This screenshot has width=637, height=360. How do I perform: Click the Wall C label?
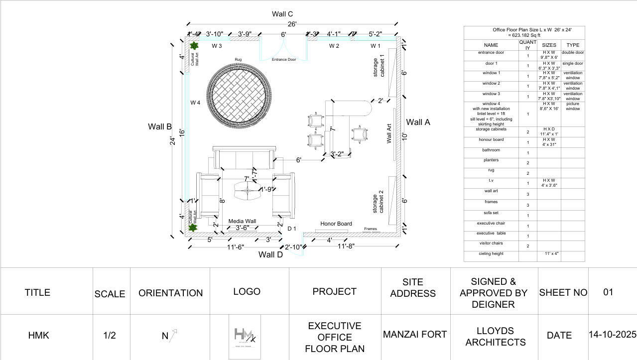[x=282, y=14]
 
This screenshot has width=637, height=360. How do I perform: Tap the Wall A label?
[x=418, y=122]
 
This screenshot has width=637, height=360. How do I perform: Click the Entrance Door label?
[x=284, y=60]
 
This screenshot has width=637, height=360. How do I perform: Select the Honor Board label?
[x=336, y=224]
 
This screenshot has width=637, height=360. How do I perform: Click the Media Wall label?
[x=242, y=221]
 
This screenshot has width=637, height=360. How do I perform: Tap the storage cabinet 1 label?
[x=379, y=68]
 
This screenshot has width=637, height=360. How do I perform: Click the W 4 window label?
[x=195, y=103]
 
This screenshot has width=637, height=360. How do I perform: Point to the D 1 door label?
[x=292, y=229]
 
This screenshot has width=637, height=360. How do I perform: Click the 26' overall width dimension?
[x=292, y=24]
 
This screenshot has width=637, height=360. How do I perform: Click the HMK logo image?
[x=245, y=337]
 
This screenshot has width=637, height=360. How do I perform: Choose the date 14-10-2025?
[x=612, y=335]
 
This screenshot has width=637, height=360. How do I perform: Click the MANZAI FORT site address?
[x=415, y=335]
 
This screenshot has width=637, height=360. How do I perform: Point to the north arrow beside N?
[x=174, y=335]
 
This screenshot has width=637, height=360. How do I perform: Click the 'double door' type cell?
[x=573, y=53]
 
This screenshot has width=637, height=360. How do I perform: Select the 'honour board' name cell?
[x=491, y=140]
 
